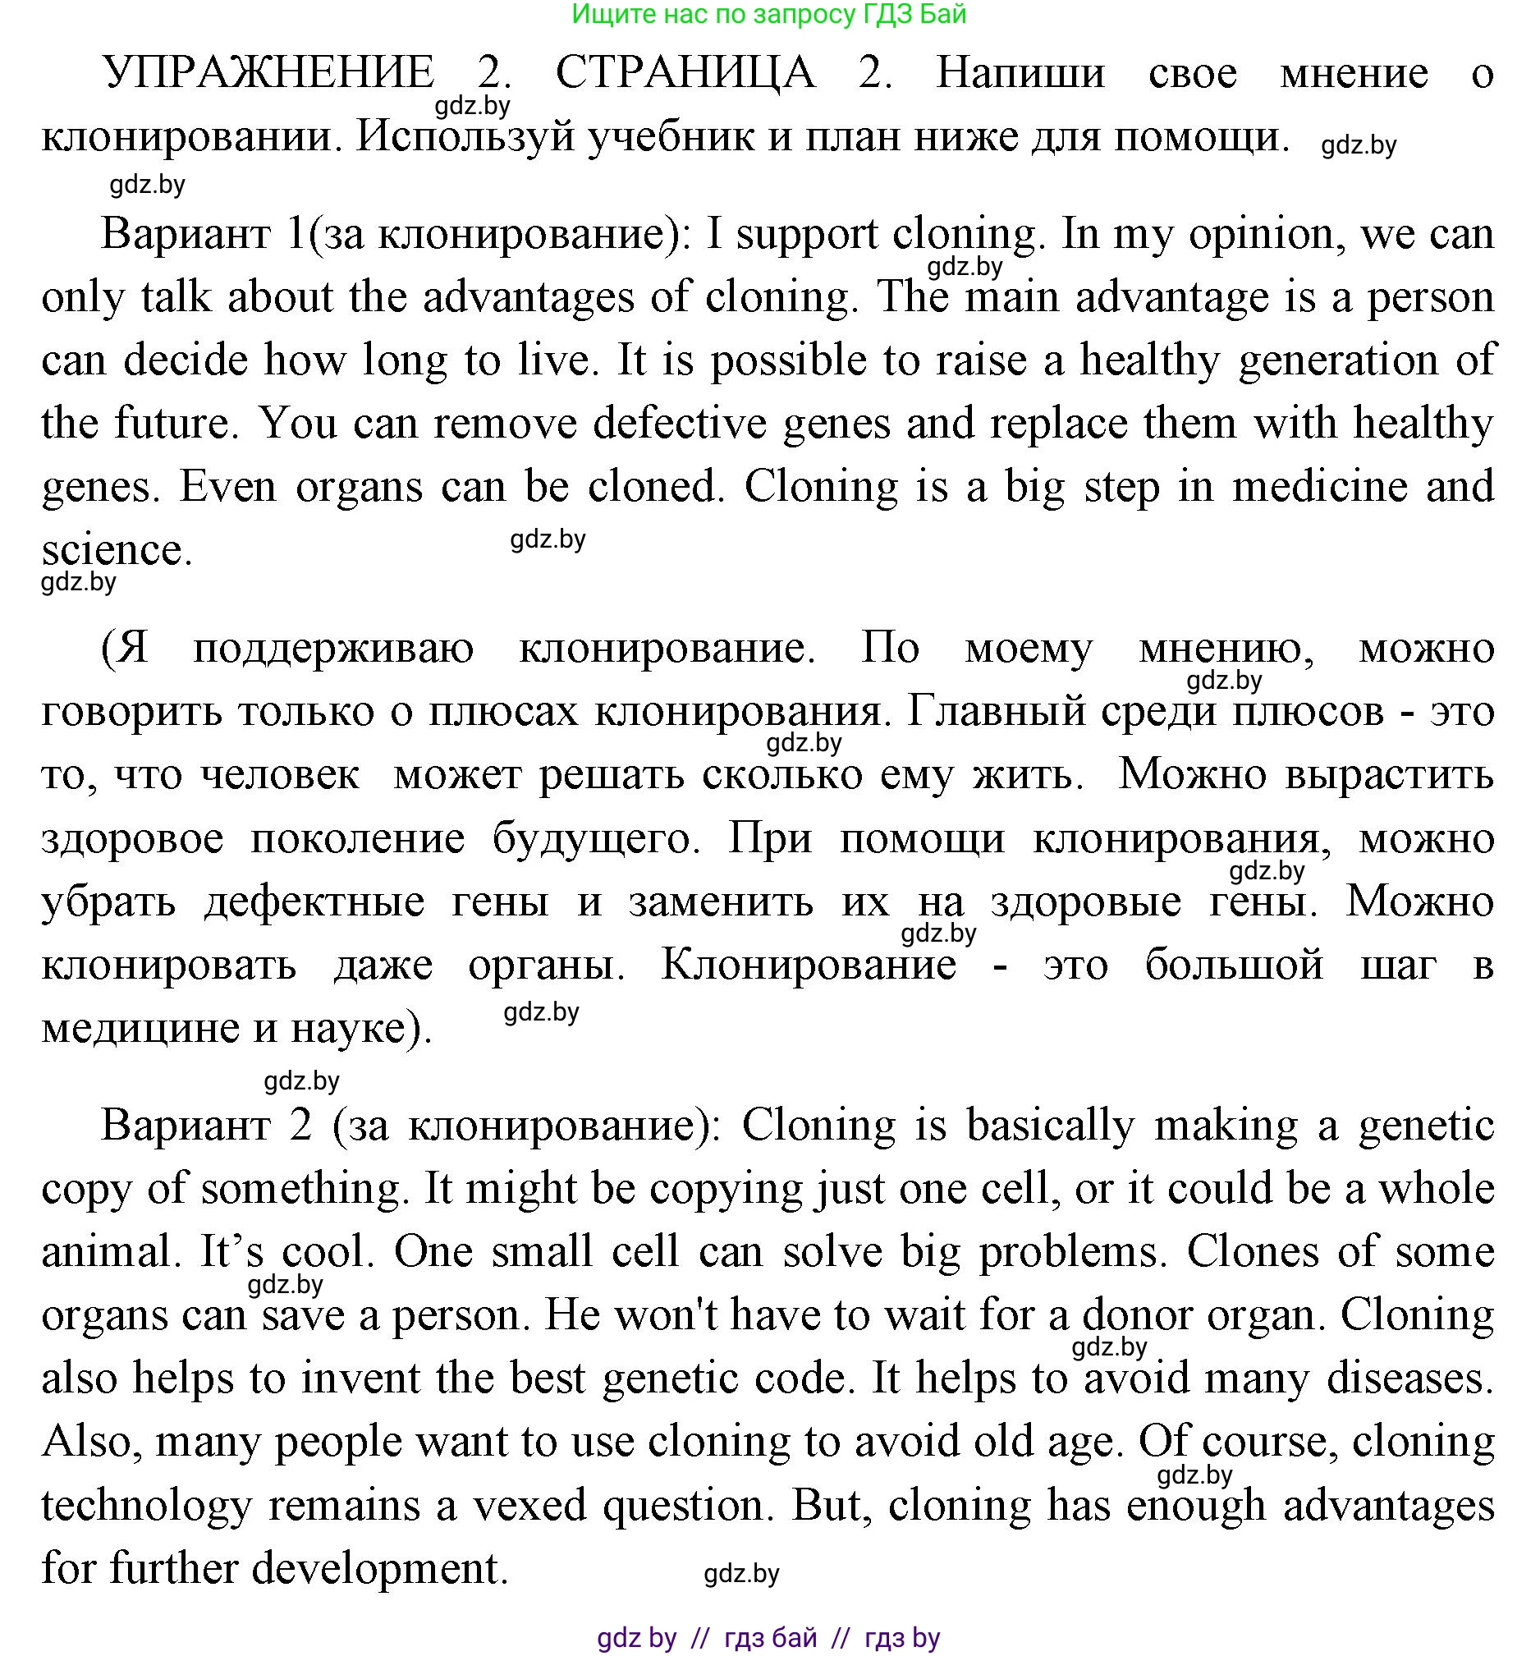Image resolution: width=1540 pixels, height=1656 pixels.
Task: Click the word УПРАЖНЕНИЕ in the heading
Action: [268, 72]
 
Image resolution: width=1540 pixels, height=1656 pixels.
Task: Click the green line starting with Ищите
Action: [768, 14]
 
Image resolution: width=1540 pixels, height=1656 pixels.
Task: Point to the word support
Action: [805, 234]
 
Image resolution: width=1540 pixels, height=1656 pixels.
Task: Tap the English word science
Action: [117, 550]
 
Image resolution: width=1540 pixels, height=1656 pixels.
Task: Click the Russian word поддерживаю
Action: [333, 648]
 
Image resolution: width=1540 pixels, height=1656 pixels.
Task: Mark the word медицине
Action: [139, 1028]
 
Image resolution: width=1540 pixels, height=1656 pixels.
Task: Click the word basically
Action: [1049, 1125]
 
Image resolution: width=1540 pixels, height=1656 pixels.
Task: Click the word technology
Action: [147, 1506]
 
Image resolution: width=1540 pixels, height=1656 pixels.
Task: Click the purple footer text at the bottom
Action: [768, 1638]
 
